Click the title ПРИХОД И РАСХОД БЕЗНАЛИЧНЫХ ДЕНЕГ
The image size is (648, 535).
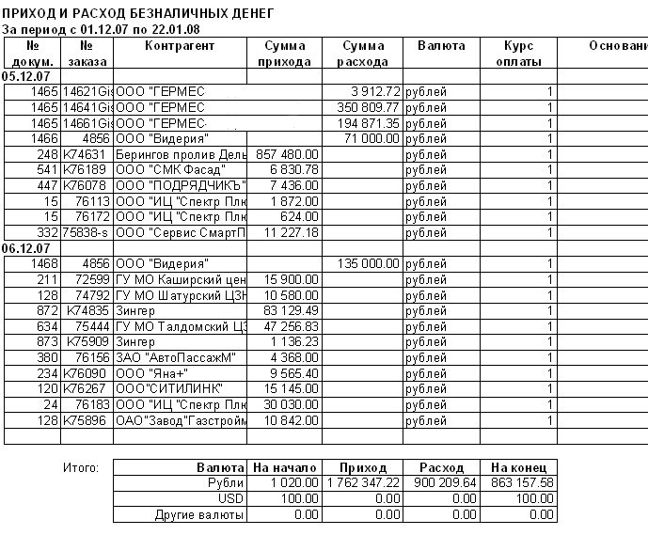coord(138,15)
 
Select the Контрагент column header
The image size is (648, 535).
coord(180,46)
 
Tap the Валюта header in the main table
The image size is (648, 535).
coord(440,46)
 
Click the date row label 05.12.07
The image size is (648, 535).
coord(27,76)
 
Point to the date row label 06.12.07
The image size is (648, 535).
coord(27,247)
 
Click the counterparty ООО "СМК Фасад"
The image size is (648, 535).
coord(169,169)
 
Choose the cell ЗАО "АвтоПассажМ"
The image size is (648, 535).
coord(174,356)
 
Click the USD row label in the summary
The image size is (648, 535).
coord(231,498)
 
